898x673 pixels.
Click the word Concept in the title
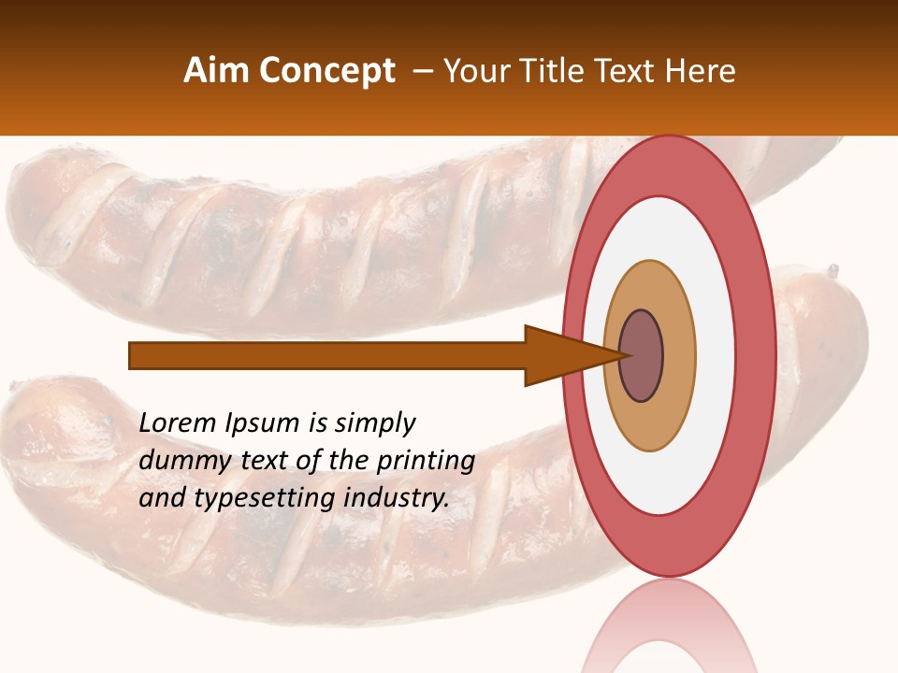click(327, 71)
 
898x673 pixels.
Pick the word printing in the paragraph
click(425, 461)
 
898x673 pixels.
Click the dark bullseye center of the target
click(642, 356)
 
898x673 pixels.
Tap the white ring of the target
click(715, 356)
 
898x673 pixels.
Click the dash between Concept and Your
click(421, 71)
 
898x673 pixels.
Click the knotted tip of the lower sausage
click(832, 272)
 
